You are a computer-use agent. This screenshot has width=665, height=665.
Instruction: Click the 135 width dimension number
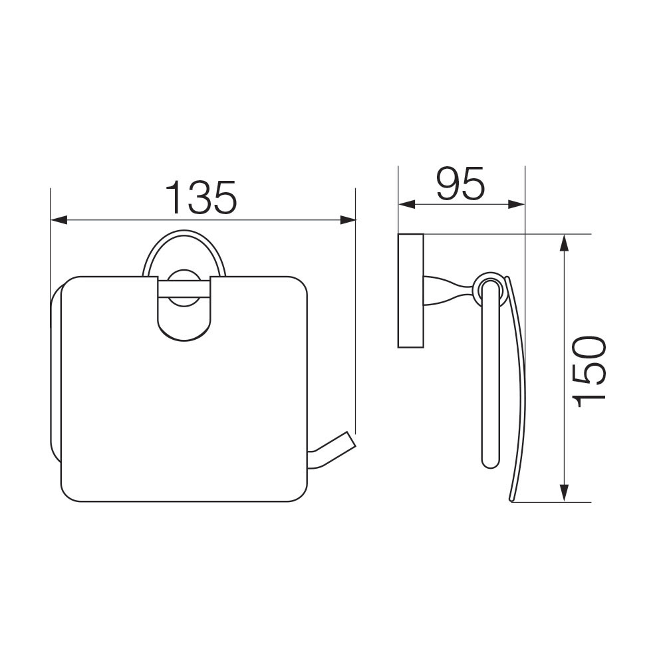point(200,198)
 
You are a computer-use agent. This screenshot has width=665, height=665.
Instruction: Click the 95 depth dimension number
point(461,184)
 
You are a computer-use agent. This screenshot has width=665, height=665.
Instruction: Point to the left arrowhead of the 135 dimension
point(59,220)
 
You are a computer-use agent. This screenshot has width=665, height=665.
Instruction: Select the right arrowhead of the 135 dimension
point(348,220)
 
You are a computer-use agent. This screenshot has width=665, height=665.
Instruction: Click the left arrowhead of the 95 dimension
point(406,204)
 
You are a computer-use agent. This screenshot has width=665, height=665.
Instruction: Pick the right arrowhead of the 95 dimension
point(517,204)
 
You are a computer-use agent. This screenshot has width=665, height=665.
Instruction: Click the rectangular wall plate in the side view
point(410,291)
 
